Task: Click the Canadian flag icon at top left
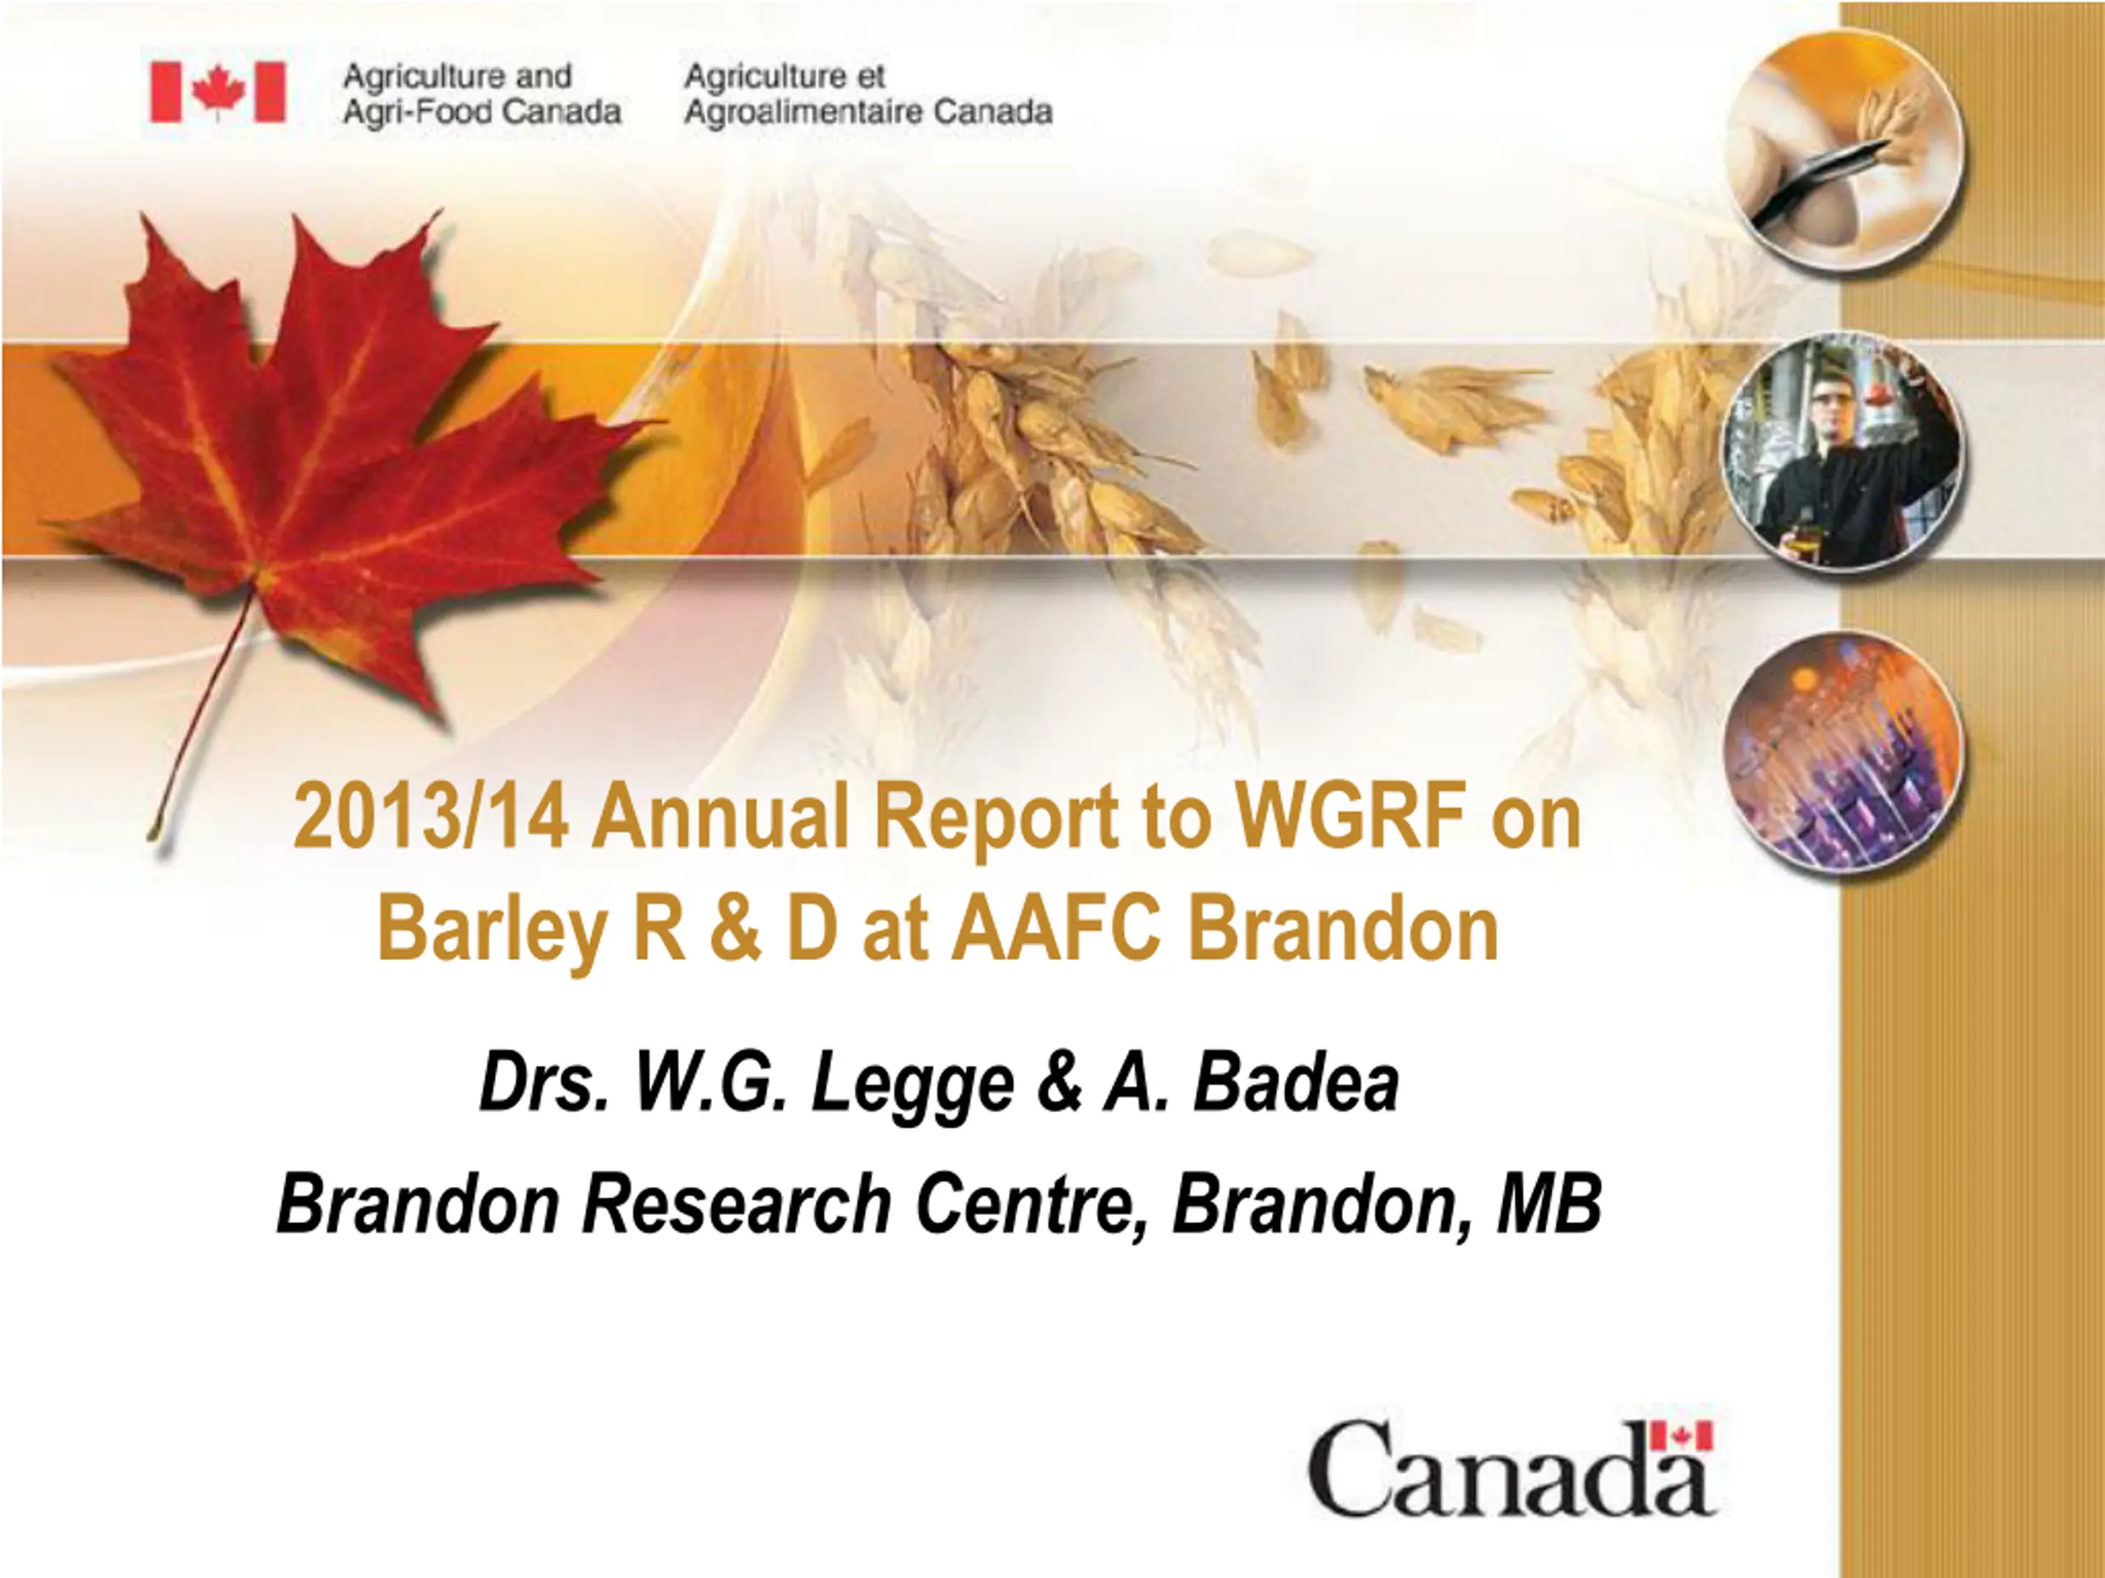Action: click(218, 92)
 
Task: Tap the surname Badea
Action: click(1297, 1083)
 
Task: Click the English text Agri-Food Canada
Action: click(482, 113)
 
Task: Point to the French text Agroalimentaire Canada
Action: click(867, 113)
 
